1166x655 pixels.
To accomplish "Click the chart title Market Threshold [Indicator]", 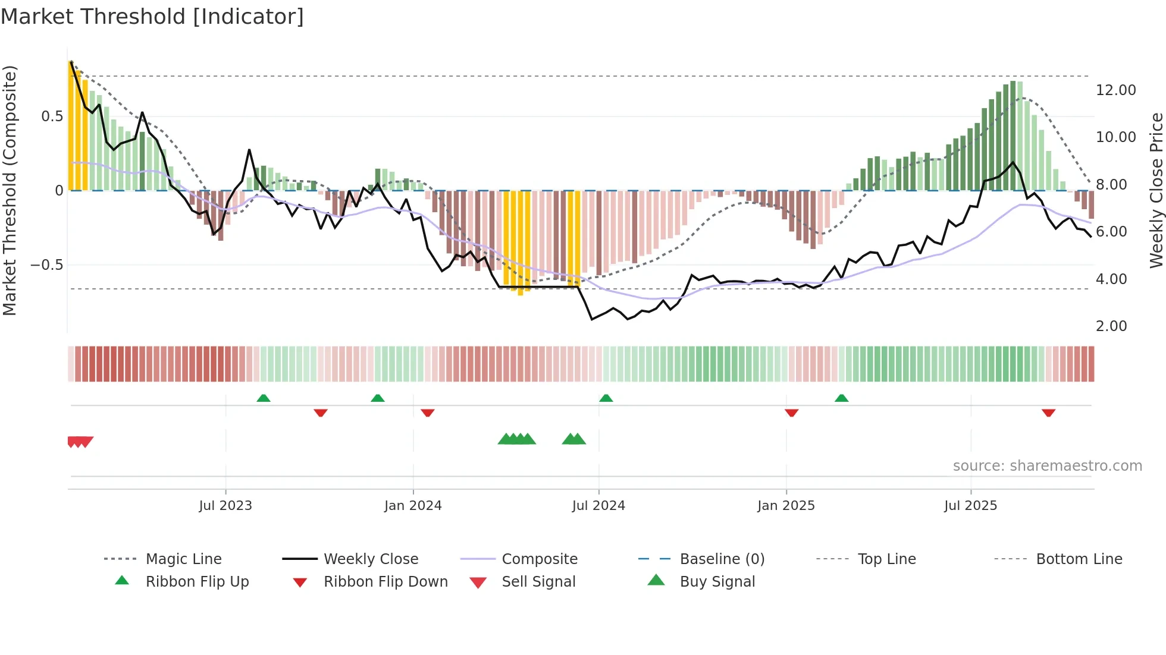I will pos(152,17).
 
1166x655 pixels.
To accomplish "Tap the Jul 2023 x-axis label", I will pos(225,506).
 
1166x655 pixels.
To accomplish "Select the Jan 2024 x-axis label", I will pos(413,506).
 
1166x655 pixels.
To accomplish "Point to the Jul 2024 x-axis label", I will pos(598,506).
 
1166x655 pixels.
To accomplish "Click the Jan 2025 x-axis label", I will pos(786,506).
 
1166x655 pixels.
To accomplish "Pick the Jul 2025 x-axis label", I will pos(970,506).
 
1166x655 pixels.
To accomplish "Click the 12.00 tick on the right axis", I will pos(1115,90).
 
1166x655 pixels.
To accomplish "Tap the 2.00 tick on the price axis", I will pos(1111,326).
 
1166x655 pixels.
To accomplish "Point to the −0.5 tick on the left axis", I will pos(47,265).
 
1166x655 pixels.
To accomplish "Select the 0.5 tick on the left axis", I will pos(52,116).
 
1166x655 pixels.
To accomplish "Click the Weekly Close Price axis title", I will pos(1156,190).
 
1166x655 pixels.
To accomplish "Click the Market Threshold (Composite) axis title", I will pos(10,190).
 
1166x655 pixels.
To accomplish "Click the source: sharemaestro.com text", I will pos(1047,466).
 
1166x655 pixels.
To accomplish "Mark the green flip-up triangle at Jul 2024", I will pos(606,398).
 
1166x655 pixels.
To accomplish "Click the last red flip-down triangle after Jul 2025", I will pos(1048,412).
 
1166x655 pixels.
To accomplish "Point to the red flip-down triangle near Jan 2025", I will pos(791,412).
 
